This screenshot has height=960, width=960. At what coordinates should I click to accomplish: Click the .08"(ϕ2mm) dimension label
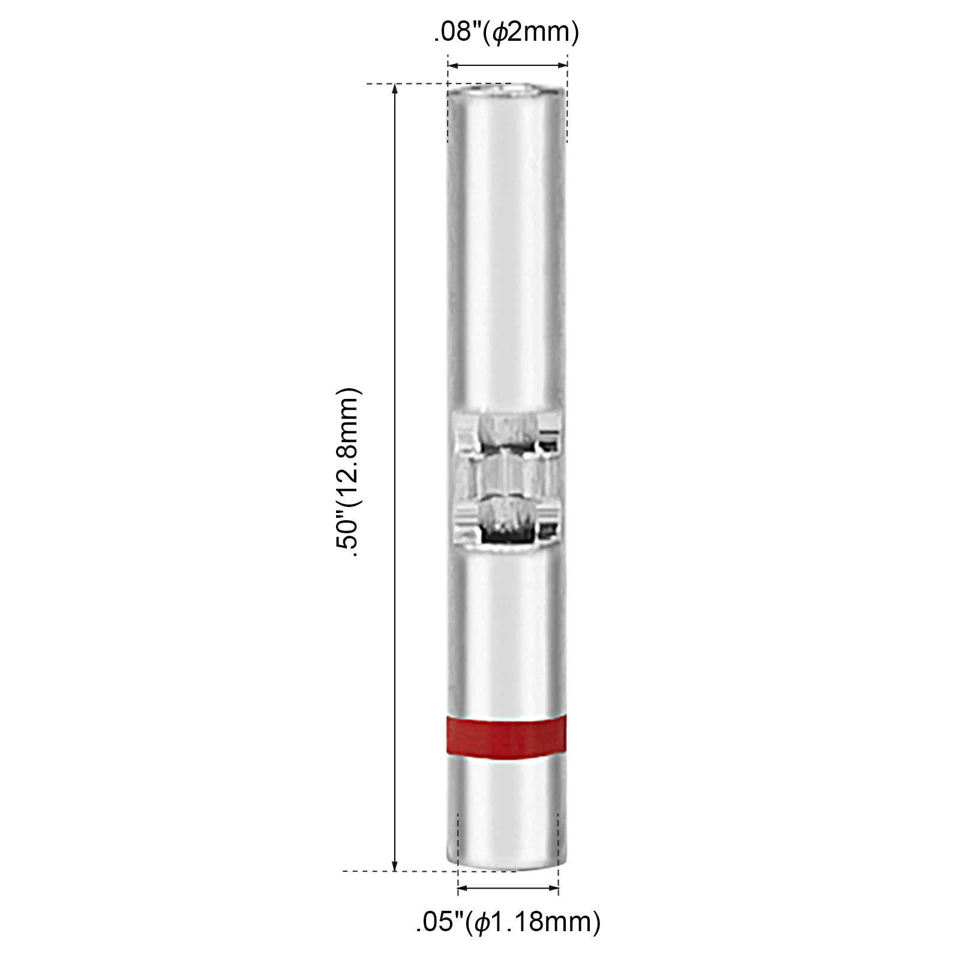pos(506,33)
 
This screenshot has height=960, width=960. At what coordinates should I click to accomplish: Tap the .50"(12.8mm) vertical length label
pos(349,473)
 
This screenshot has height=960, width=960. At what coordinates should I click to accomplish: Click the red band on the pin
pos(506,735)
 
